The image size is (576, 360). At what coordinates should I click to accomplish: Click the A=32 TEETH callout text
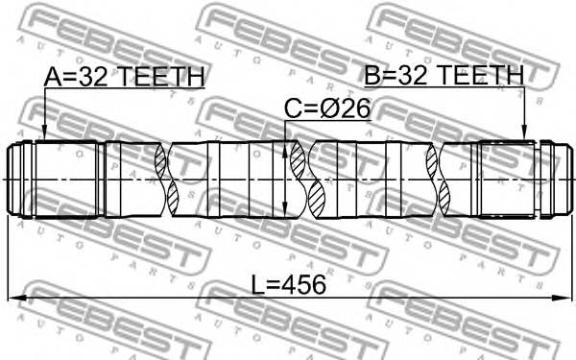[124, 76]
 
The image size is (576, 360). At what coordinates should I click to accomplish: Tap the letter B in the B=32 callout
[372, 76]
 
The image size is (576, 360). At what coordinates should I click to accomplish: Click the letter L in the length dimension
[257, 285]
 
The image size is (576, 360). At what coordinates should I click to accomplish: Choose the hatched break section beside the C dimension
[314, 180]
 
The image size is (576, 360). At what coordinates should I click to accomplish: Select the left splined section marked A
[67, 180]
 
